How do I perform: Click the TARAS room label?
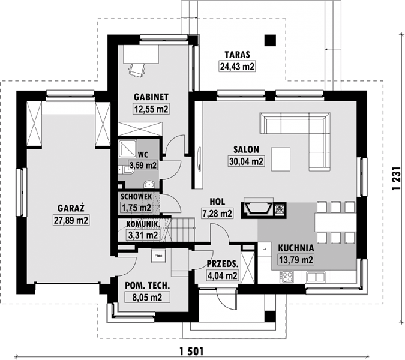[237, 55]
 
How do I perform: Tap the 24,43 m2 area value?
[237, 67]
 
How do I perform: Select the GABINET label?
[151, 97]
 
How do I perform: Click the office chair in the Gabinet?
[137, 70]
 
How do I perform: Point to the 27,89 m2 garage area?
[71, 220]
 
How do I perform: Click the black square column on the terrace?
[270, 40]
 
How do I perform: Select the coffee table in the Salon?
[281, 159]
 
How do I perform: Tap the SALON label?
[246, 149]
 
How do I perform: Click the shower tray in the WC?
[127, 148]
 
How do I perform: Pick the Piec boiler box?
[158, 256]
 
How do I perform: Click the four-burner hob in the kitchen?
[286, 277]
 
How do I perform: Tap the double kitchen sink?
[316, 277]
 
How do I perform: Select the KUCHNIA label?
[296, 248]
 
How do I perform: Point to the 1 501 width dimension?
[191, 352]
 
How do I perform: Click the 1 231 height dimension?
[396, 178]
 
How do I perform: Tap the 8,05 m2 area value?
[147, 297]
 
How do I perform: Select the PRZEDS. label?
[222, 264]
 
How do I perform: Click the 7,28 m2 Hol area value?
[217, 214]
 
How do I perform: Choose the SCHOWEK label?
[136, 197]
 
